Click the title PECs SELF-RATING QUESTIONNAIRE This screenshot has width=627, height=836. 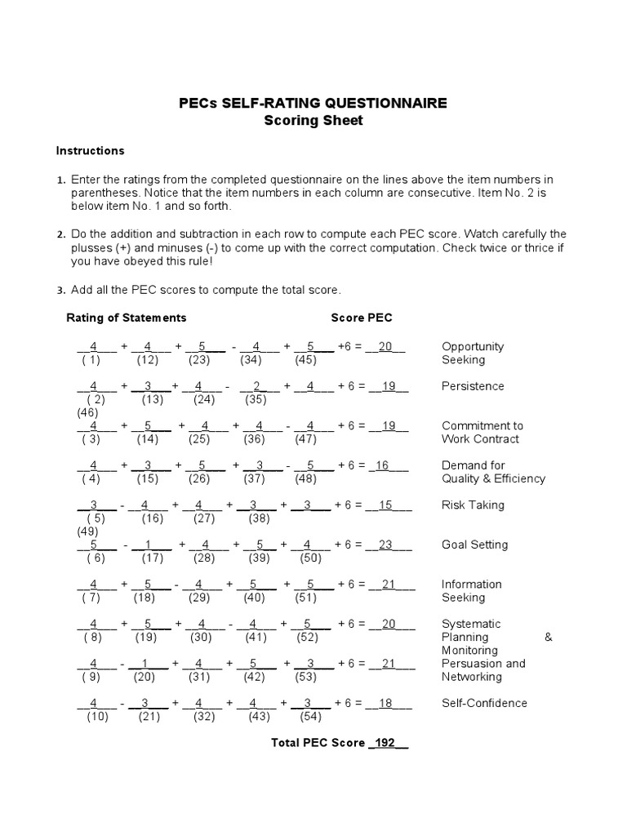point(313,103)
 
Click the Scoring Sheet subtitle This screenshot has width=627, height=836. point(313,121)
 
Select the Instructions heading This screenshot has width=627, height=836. point(90,150)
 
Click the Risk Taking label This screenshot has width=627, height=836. point(473,505)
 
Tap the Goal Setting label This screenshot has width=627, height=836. point(474,545)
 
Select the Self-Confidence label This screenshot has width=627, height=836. point(484,703)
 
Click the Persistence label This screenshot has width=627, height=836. point(473,386)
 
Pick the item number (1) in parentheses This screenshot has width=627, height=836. point(91,360)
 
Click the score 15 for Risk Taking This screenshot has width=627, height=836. point(386,505)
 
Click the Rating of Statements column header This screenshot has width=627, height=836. point(126,318)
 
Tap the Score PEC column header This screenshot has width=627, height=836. point(362,318)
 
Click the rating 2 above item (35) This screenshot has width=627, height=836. point(256,386)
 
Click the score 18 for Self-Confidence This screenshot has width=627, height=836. point(386,704)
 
